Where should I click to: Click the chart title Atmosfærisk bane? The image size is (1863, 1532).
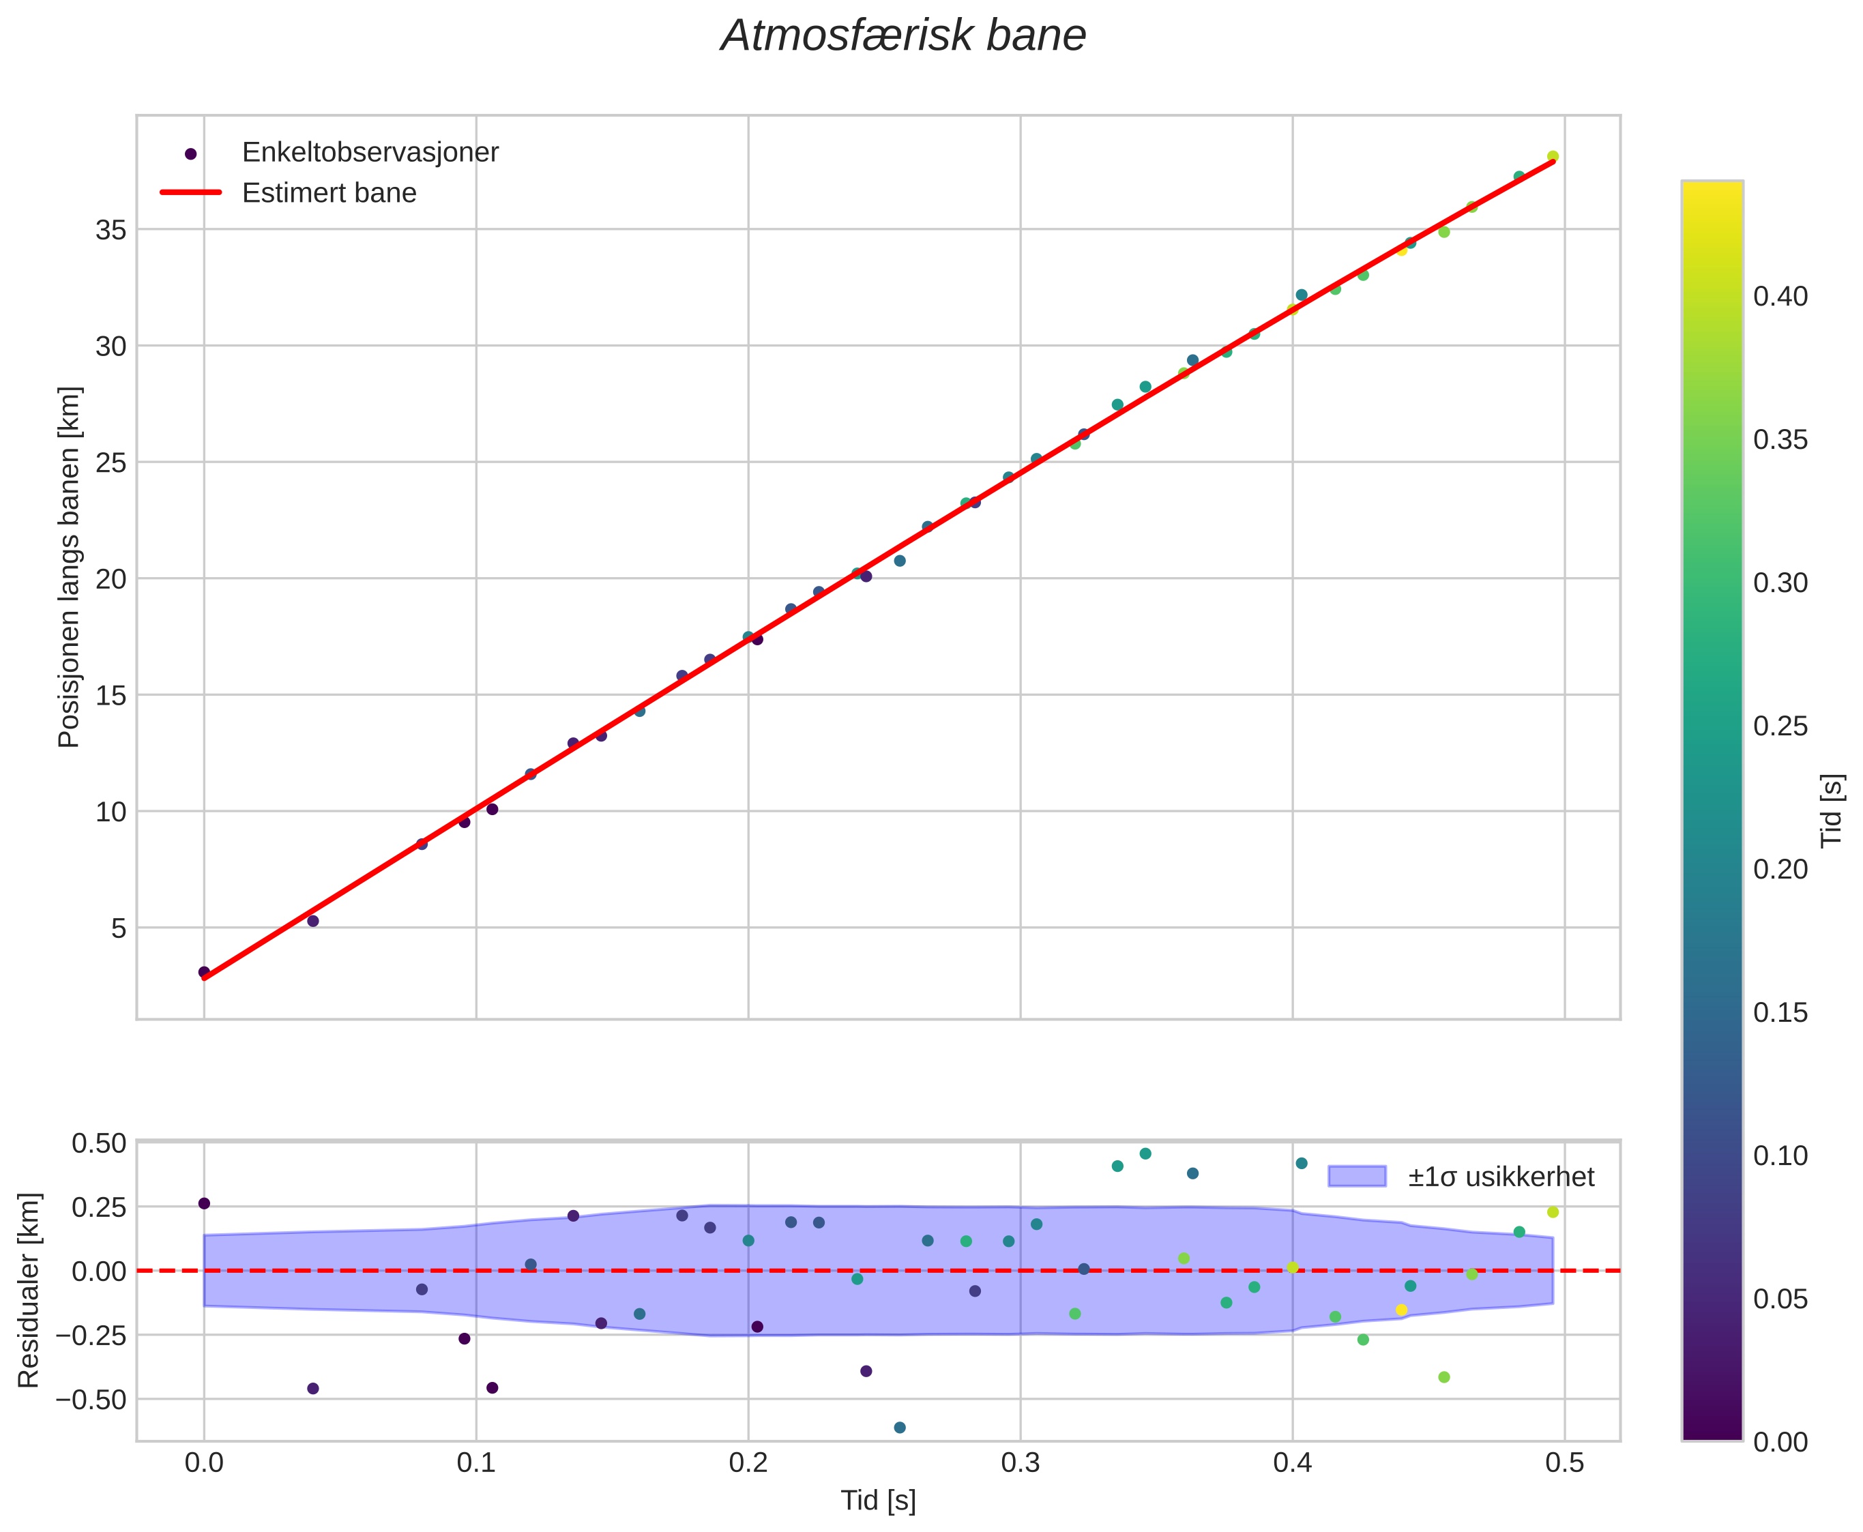point(903,37)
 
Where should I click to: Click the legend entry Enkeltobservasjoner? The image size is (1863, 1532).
point(370,153)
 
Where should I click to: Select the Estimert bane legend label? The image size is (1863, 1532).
point(329,193)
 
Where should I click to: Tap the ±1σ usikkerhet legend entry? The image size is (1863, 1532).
point(1500,1177)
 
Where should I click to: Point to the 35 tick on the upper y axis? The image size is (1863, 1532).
point(111,231)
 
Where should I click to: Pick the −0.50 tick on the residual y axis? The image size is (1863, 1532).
point(92,1400)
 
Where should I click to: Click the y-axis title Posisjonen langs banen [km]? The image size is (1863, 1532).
point(69,567)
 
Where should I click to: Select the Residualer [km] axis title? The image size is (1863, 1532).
point(29,1291)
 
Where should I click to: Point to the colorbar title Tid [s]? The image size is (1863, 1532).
point(1834,810)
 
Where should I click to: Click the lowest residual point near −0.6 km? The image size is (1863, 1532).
point(899,1428)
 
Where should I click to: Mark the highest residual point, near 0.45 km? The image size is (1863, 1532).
point(1145,1153)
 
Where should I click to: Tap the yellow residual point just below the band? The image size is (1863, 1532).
point(1401,1310)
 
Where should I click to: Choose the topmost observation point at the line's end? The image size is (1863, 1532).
point(1553,156)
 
